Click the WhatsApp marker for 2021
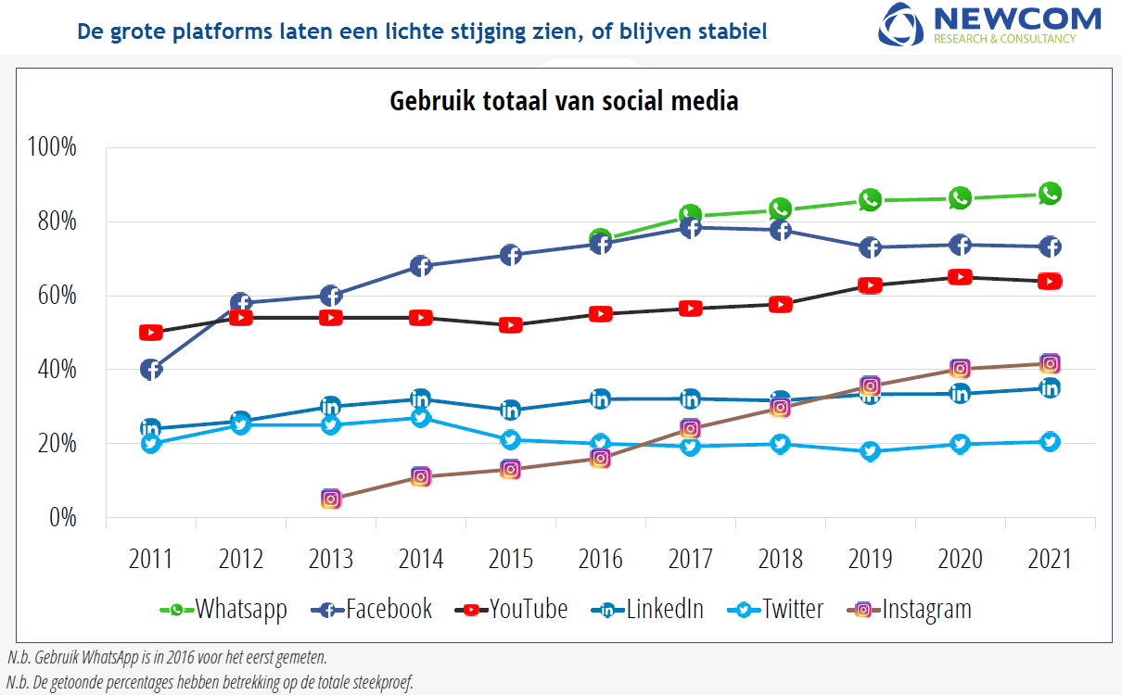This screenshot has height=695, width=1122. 1050,194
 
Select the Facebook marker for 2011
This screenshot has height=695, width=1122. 151,370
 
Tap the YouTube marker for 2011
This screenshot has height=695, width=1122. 151,333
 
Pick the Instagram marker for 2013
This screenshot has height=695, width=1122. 331,499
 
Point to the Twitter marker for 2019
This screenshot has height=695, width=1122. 870,451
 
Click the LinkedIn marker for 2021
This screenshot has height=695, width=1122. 1050,388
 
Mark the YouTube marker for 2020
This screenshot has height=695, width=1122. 961,277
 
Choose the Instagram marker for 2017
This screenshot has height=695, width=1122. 690,429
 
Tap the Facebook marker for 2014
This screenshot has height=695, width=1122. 421,266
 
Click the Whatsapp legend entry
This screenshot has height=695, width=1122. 223,610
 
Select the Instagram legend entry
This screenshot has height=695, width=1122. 909,610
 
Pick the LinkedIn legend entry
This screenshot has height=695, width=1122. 647,610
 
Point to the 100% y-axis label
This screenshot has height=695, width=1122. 52,147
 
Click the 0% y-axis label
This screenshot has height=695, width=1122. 63,518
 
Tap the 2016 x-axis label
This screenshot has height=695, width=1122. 600,560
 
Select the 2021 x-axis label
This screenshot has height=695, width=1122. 1050,560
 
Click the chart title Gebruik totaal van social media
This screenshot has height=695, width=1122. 564,101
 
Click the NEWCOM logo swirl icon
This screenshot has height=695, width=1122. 900,24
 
